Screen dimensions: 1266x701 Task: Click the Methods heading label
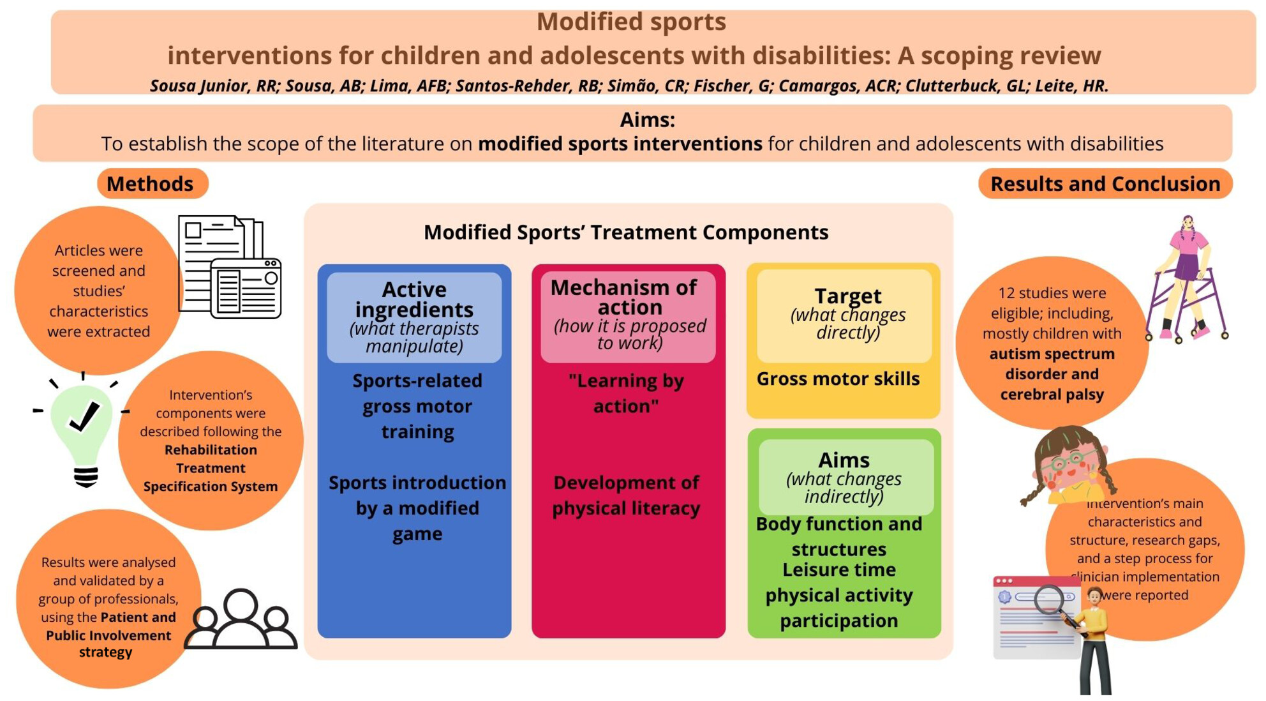(150, 184)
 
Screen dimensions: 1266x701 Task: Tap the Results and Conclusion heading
(1105, 184)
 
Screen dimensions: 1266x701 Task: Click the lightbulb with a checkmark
(82, 432)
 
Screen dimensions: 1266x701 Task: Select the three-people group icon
(241, 619)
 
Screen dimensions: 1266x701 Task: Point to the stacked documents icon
(230, 267)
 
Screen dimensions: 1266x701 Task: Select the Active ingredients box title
(414, 299)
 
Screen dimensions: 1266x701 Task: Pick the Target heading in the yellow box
(848, 296)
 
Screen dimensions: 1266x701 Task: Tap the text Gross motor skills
(838, 379)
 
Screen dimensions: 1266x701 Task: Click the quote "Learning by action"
(626, 393)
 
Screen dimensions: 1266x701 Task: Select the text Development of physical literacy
(626, 495)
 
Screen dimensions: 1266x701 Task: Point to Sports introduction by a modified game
(417, 508)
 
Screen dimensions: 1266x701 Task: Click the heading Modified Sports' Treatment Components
(626, 232)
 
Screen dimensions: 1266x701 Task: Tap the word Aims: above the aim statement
(647, 120)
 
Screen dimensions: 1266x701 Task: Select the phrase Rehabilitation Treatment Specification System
(211, 468)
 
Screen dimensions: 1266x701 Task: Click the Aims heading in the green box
(844, 460)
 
